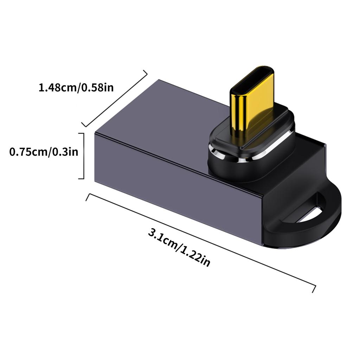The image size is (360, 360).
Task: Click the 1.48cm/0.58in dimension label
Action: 76,87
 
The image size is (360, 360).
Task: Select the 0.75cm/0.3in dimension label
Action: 44,152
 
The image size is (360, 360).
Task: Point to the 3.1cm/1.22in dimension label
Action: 179,247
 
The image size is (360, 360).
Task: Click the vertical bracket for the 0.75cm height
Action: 83,156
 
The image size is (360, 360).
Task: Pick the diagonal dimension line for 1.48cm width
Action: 115,98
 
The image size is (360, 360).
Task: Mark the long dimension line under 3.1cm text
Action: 200,243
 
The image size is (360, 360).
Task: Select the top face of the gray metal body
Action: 169,116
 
